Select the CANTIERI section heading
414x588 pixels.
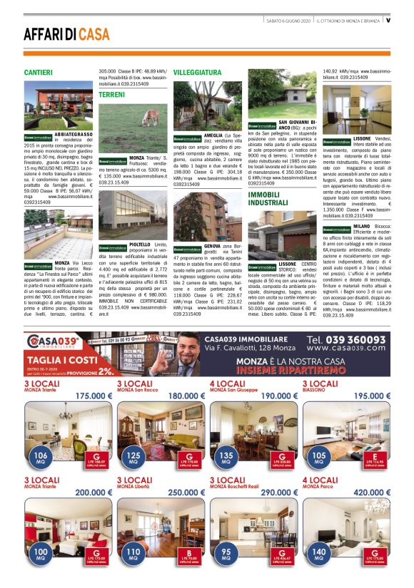click(x=38, y=73)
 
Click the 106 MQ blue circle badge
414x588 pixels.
click(x=41, y=458)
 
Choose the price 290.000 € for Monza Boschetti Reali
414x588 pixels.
click(x=279, y=492)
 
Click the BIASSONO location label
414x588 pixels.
click(x=317, y=391)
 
